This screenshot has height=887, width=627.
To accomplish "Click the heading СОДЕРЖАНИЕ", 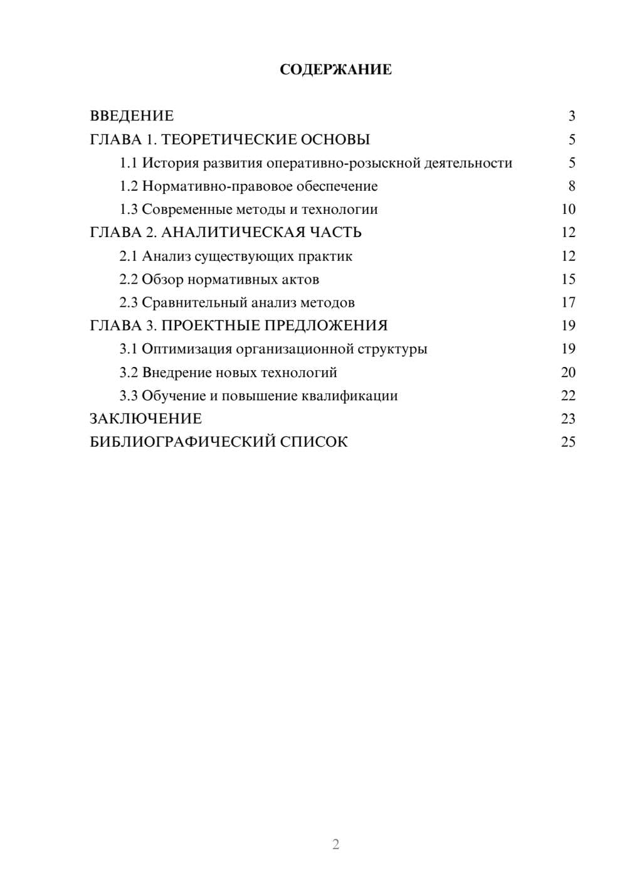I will click(x=335, y=70).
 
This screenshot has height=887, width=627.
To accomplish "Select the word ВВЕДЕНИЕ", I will click(x=132, y=116).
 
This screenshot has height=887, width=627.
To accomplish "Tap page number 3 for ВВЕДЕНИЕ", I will click(x=572, y=116).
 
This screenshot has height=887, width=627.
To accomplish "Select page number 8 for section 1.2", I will click(x=572, y=186).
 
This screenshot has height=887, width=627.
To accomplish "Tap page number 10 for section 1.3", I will click(x=568, y=210).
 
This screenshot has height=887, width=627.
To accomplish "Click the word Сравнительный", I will click(x=194, y=302).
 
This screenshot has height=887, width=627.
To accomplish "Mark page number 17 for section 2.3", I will click(x=568, y=302).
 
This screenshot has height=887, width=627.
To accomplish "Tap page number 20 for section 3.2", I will click(x=568, y=373).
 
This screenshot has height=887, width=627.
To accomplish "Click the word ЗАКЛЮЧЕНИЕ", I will click(x=145, y=419).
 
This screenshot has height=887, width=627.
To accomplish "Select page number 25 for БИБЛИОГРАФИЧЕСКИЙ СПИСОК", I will click(x=568, y=442).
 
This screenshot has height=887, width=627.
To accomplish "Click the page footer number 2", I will click(x=335, y=844).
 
